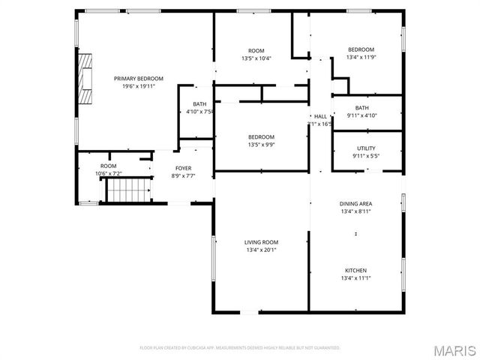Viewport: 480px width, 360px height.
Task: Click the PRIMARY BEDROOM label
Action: click(138, 78)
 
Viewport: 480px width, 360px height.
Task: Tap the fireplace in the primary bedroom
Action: click(86, 78)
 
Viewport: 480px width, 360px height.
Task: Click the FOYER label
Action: click(183, 168)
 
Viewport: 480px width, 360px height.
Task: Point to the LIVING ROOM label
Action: click(261, 242)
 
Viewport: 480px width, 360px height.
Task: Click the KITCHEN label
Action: click(355, 270)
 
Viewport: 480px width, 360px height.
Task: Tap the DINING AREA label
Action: click(355, 204)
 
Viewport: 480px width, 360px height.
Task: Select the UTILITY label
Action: click(366, 148)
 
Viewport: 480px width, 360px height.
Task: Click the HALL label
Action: click(320, 116)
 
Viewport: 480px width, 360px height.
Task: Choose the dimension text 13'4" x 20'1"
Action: click(261, 250)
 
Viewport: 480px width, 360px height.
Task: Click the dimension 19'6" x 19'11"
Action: click(138, 86)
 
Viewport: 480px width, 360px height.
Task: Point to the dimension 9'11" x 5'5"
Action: click(366, 156)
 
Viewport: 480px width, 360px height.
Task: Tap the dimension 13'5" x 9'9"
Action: click(261, 145)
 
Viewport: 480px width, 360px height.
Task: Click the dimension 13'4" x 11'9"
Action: click(360, 57)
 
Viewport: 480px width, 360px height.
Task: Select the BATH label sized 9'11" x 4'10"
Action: click(362, 108)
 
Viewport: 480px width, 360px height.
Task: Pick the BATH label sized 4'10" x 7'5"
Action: click(199, 104)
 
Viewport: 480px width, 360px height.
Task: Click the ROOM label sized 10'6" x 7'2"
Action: click(109, 166)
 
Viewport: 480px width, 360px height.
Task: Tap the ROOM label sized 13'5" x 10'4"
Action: click(256, 50)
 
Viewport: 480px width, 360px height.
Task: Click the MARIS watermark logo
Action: click(454, 350)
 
